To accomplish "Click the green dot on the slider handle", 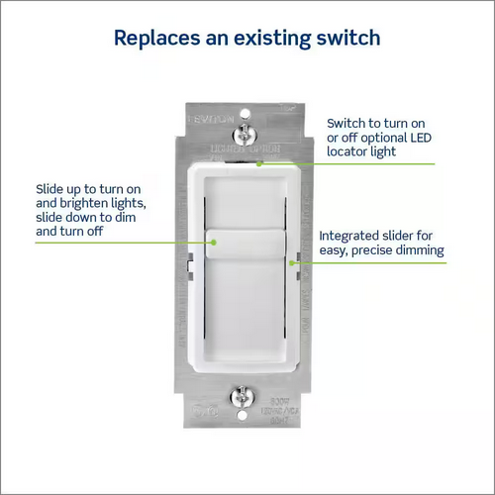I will (x=210, y=238).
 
